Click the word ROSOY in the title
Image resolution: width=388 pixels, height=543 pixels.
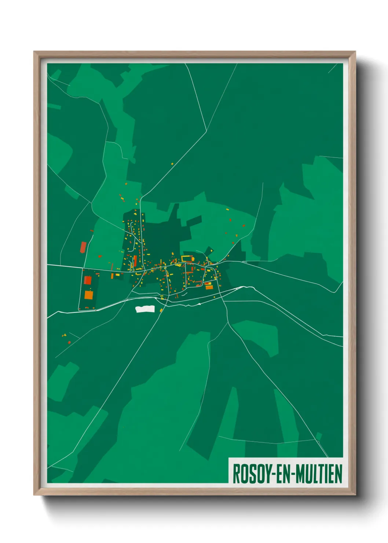coord(251,474)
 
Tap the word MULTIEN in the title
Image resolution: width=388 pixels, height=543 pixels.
coord(319,474)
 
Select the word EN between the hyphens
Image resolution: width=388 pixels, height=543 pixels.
coord(282,474)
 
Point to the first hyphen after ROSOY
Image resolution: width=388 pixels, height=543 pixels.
coord(271,474)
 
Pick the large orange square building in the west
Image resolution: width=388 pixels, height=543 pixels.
coord(89,295)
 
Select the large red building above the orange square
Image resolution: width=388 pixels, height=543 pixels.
coord(88,280)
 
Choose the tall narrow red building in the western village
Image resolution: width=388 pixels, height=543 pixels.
coord(135,261)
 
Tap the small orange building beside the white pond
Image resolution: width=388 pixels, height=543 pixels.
coord(161,310)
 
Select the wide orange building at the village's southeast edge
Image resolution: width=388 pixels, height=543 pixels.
coord(209,287)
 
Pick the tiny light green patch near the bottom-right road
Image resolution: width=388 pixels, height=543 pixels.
coord(319,436)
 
